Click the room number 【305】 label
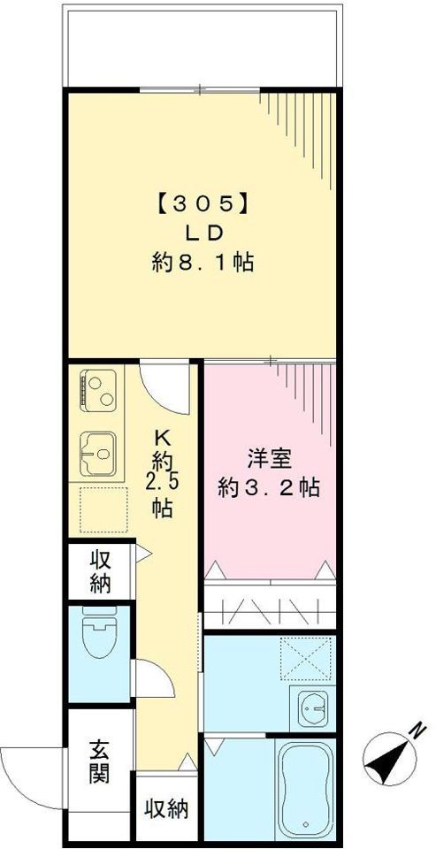click(201, 203)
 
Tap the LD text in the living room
click(201, 232)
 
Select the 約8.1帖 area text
click(201, 263)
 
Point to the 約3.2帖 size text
click(269, 487)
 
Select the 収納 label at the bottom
click(165, 809)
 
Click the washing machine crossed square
click(305, 658)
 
